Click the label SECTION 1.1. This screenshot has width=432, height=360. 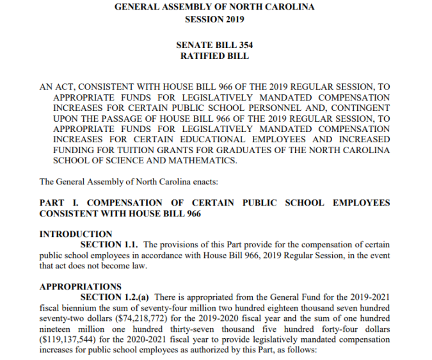[109, 245]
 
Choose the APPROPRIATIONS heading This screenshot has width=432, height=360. [80, 286]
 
